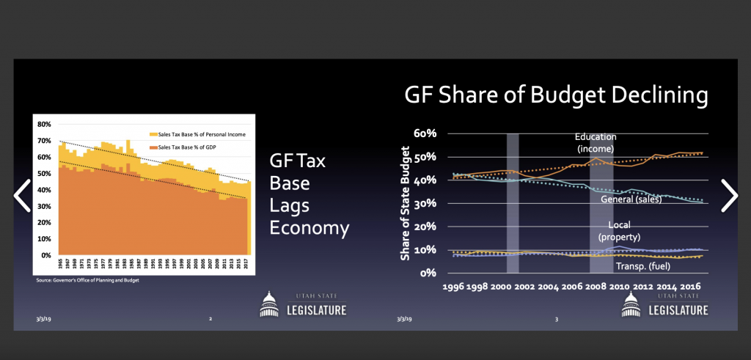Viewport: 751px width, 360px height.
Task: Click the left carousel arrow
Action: [22, 195]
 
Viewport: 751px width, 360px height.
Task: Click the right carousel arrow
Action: [729, 195]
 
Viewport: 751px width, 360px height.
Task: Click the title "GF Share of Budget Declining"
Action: [557, 96]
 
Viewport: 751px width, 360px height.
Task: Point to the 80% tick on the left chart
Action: [43, 125]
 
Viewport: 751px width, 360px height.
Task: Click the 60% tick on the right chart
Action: [425, 134]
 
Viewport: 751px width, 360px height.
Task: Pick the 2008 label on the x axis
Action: [604, 288]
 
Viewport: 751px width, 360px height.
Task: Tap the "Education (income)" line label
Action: [596, 143]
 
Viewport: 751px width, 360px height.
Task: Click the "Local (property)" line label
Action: [620, 230]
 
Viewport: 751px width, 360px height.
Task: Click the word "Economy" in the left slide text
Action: [309, 228]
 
